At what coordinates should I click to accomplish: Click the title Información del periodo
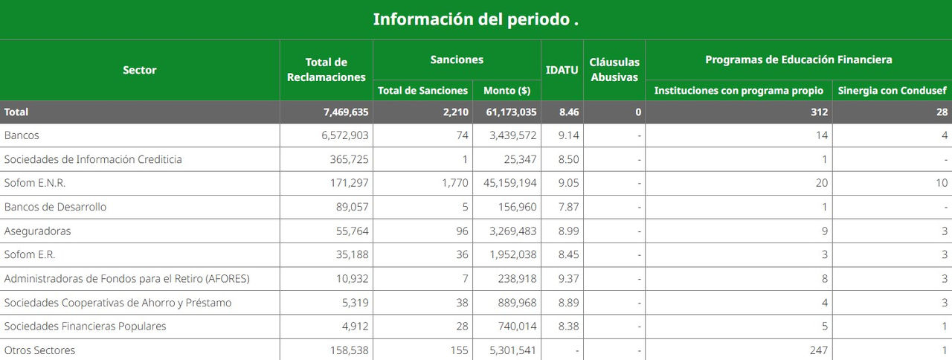point(475,19)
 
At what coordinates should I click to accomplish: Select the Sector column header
point(140,70)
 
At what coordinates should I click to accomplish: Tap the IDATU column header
point(562,70)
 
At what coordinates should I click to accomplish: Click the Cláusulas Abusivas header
point(614,70)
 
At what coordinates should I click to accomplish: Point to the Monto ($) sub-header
point(506,91)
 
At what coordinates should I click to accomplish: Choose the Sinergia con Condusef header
point(892,91)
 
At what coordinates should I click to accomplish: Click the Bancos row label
point(22,135)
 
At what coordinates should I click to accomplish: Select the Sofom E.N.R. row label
point(30,183)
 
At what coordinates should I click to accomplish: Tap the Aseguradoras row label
point(37,231)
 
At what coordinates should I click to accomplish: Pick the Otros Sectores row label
point(39,350)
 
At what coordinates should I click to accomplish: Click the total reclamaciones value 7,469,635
point(336,112)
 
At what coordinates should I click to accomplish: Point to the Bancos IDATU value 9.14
point(568,135)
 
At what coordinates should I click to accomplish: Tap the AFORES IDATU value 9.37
point(568,279)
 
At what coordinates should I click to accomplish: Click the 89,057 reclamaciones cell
point(350,207)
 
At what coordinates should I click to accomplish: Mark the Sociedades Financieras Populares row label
point(85,327)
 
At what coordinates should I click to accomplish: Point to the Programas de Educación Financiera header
point(798,60)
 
